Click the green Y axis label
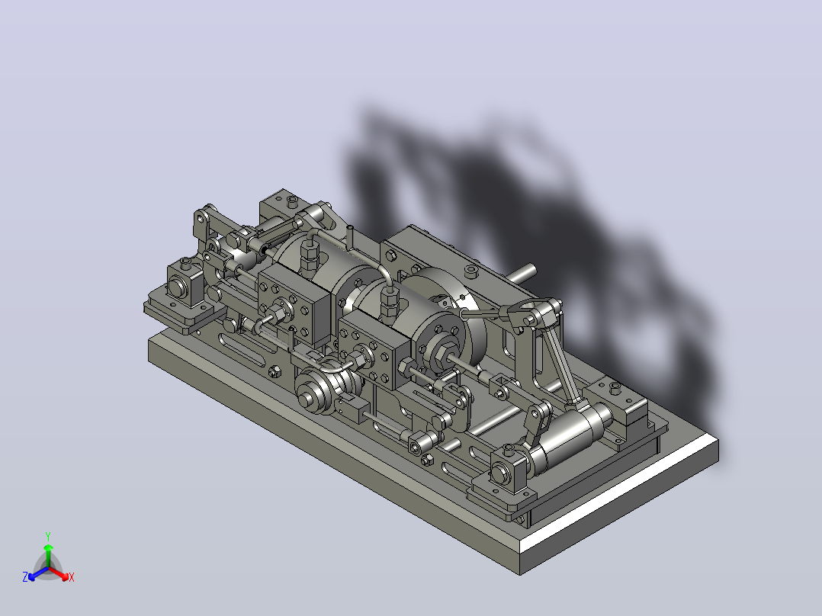click(x=48, y=536)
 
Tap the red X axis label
click(x=72, y=577)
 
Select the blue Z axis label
click(x=25, y=577)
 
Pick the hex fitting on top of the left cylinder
click(x=307, y=255)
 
